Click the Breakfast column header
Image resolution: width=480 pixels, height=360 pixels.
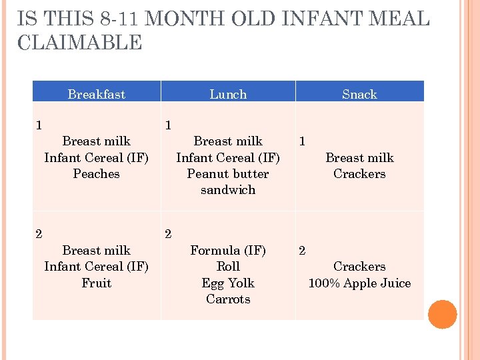pyautogui.click(x=96, y=94)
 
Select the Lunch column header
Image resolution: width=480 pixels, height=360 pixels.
pyautogui.click(x=228, y=94)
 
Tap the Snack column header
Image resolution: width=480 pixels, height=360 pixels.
pyautogui.click(x=359, y=94)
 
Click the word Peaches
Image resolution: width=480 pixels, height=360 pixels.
pyautogui.click(x=96, y=174)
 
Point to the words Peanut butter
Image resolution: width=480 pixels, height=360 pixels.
pyautogui.click(x=228, y=174)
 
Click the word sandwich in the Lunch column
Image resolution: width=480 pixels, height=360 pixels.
pyautogui.click(x=228, y=190)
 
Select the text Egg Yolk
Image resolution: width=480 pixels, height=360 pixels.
pyautogui.click(x=228, y=283)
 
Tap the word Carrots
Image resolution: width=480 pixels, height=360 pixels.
pyautogui.click(x=228, y=299)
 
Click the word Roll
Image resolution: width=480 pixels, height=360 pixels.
pyautogui.click(x=228, y=267)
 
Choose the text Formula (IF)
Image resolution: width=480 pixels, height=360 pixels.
pyautogui.click(x=228, y=251)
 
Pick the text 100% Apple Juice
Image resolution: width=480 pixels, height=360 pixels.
pyautogui.click(x=359, y=283)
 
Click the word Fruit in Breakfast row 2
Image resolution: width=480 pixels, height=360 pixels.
pyautogui.click(x=96, y=283)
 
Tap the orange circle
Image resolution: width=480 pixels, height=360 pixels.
pyautogui.click(x=443, y=315)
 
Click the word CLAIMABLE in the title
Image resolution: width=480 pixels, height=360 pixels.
pyautogui.click(x=80, y=43)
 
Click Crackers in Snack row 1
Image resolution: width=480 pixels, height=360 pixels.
pyautogui.click(x=359, y=174)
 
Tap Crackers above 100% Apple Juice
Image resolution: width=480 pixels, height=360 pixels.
pyautogui.click(x=359, y=267)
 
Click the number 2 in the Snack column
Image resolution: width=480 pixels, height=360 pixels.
pyautogui.click(x=302, y=251)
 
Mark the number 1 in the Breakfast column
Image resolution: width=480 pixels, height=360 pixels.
pyautogui.click(x=39, y=125)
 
